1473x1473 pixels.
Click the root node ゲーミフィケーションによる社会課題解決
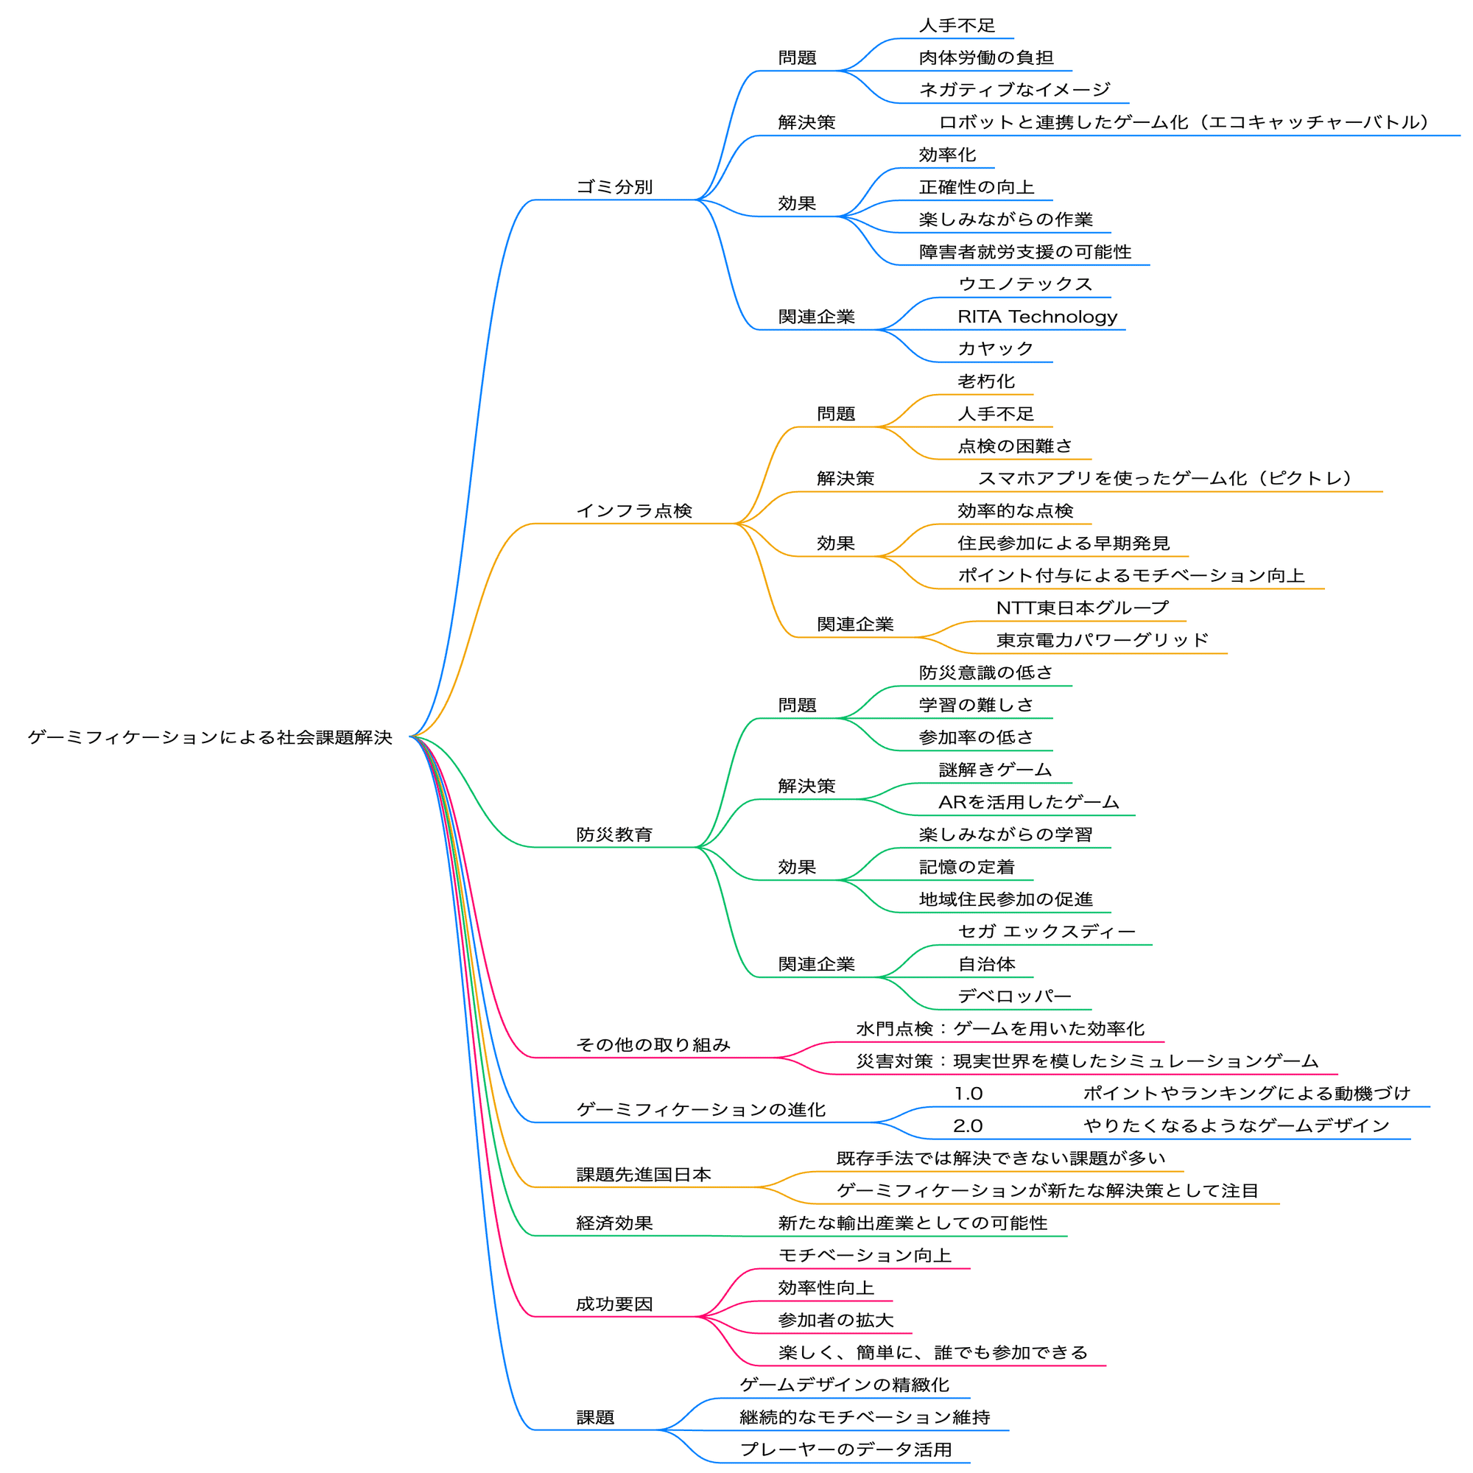pos(211,737)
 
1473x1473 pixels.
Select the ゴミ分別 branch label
pos(614,187)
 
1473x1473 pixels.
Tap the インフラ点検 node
pos(634,511)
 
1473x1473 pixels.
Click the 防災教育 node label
pos(614,834)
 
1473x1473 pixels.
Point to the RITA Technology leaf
pos(1038,317)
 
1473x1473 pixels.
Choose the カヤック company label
pos(996,348)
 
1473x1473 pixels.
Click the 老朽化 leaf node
pos(987,382)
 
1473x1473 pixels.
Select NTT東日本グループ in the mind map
pos(1083,608)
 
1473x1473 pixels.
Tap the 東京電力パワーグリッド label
pos(1103,640)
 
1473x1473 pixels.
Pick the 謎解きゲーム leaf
pos(996,770)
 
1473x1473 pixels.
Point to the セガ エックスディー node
pos(1047,931)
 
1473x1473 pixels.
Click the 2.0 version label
pos(968,1125)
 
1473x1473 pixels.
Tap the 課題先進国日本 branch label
pos(644,1174)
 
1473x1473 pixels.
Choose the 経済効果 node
pos(614,1223)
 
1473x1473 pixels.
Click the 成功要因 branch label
pos(614,1304)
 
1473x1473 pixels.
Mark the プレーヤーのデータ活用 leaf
pos(846,1449)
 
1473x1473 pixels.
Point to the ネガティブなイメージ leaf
pos(1015,90)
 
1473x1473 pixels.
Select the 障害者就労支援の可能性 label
pos(1025,252)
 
